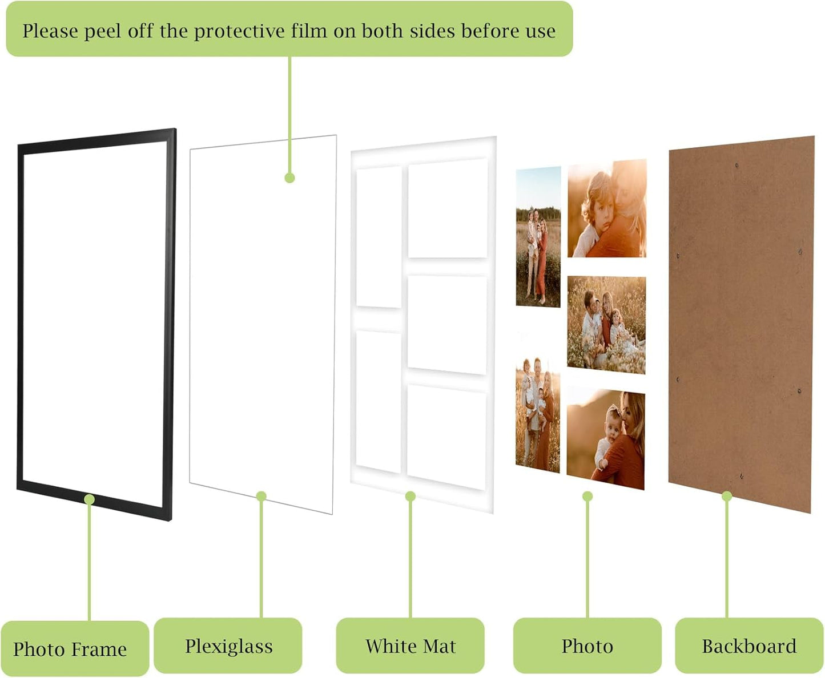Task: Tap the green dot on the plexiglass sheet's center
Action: click(x=289, y=178)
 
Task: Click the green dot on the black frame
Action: click(x=89, y=499)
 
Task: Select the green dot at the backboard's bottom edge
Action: click(x=727, y=496)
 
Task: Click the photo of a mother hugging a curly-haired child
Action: click(x=607, y=208)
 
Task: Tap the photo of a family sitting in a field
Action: click(x=606, y=325)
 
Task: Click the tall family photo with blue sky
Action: click(x=538, y=236)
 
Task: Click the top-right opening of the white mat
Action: click(x=448, y=208)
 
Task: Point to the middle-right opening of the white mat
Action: click(x=447, y=325)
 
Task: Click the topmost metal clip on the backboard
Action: click(x=737, y=166)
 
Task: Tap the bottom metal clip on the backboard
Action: click(x=741, y=476)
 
